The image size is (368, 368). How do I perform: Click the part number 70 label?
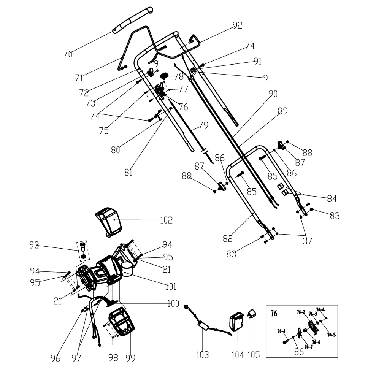(x=68, y=54)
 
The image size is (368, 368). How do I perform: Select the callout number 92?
(x=237, y=25)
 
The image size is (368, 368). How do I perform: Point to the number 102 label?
(x=166, y=220)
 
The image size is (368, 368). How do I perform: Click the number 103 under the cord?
(x=202, y=355)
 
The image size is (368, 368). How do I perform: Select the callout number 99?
(x=130, y=358)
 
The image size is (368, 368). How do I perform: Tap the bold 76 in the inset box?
(x=274, y=314)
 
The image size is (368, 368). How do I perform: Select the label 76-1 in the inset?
(x=281, y=331)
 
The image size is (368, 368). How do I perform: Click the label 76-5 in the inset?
(x=331, y=335)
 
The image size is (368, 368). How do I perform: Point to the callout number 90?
(x=273, y=94)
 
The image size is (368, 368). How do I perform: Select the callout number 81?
(x=128, y=172)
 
